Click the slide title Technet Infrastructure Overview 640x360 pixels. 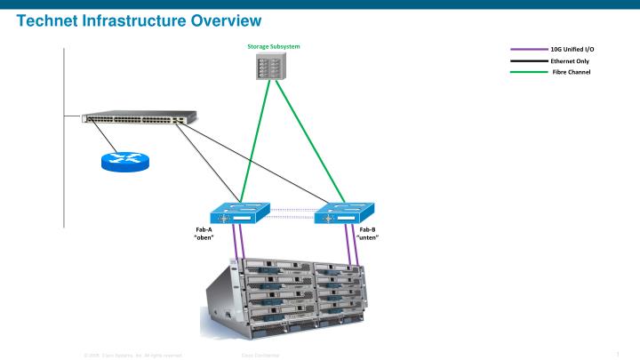139,20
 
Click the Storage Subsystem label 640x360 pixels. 274,46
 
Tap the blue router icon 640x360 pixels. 125,161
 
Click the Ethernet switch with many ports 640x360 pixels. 139,118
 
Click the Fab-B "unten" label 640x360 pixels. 368,234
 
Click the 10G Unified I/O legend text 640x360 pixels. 572,50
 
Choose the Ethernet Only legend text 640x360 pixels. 570,60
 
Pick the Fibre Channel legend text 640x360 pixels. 571,71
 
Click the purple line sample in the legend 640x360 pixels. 529,50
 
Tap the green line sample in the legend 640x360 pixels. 529,71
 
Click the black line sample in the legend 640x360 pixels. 529,60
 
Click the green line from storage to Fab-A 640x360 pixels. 252,142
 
